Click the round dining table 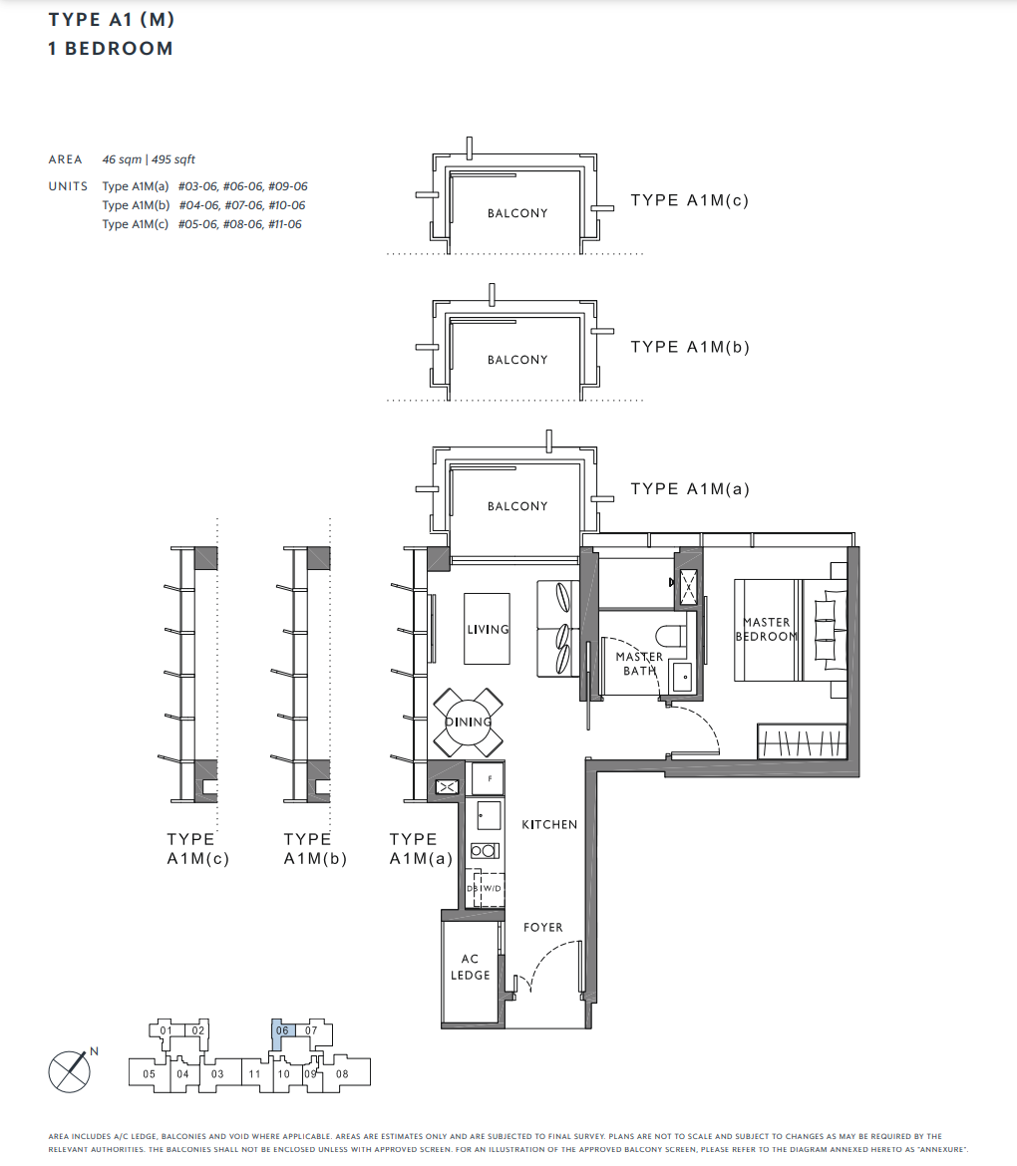click(x=469, y=722)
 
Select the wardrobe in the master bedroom click(x=802, y=741)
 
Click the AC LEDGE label click(x=471, y=967)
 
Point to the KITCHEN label click(x=549, y=825)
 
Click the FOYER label click(x=543, y=927)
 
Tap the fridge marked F click(x=489, y=778)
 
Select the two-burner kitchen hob click(x=485, y=851)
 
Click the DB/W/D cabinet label click(x=485, y=889)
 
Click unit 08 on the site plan click(x=342, y=1073)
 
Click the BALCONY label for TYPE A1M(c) click(x=517, y=213)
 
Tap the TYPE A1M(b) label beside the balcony click(x=690, y=347)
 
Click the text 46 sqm click(x=122, y=159)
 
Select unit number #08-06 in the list click(x=242, y=224)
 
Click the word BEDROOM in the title click(x=119, y=49)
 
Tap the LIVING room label click(x=488, y=629)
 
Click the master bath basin click(x=681, y=676)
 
